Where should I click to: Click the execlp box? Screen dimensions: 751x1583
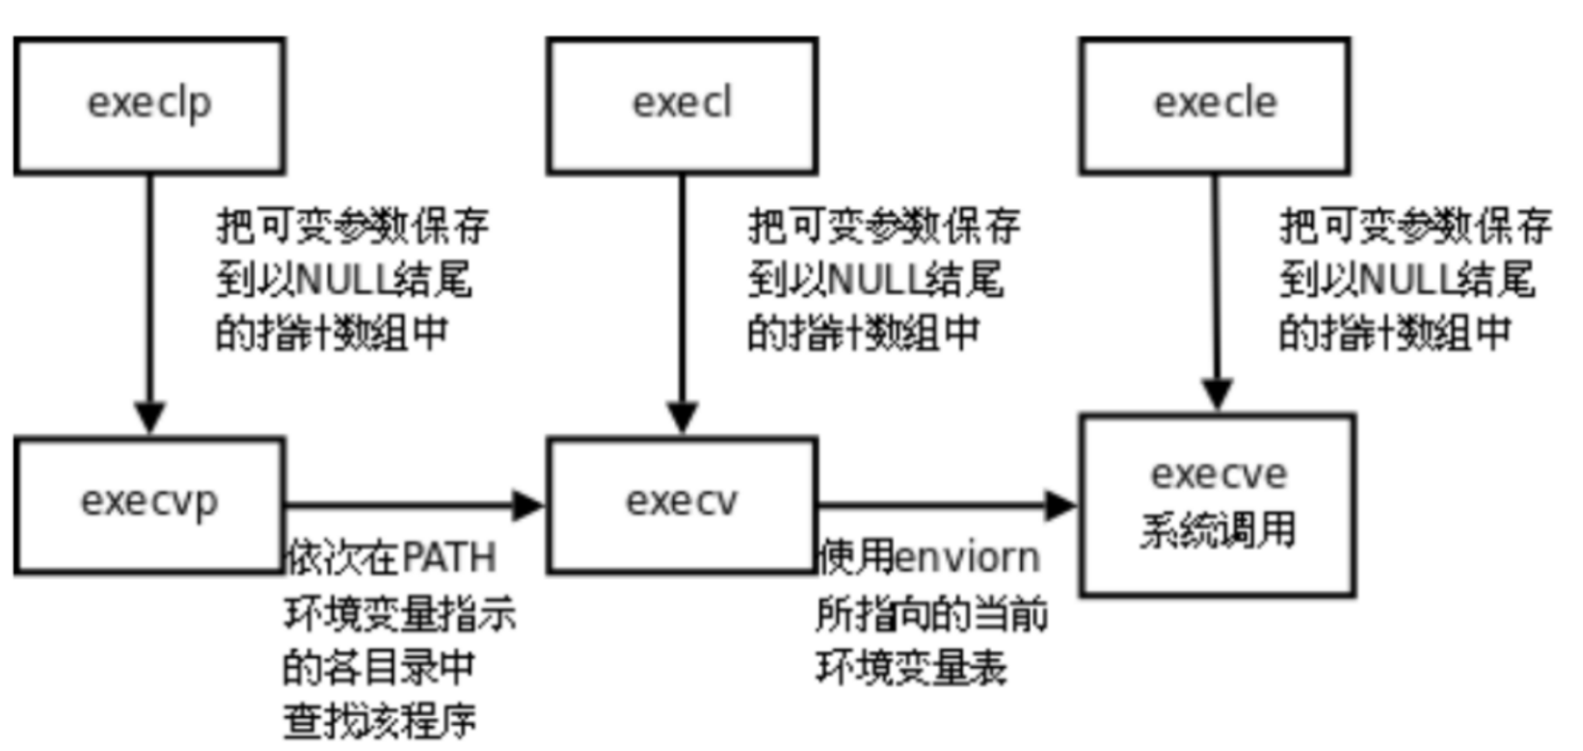[x=149, y=105]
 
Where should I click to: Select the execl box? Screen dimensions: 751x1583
[x=683, y=105]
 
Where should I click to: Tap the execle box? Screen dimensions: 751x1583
[x=1215, y=105]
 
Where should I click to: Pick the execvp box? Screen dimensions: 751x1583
[x=149, y=504]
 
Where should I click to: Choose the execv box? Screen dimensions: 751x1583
[x=683, y=504]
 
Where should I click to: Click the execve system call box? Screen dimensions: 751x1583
[x=1218, y=504]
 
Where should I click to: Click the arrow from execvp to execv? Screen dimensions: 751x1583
[x=415, y=504]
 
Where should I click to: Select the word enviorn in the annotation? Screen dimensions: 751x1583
[x=968, y=558]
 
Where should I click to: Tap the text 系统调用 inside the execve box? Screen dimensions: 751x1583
[x=1218, y=531]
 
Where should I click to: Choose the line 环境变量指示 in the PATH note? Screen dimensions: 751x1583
[x=400, y=613]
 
